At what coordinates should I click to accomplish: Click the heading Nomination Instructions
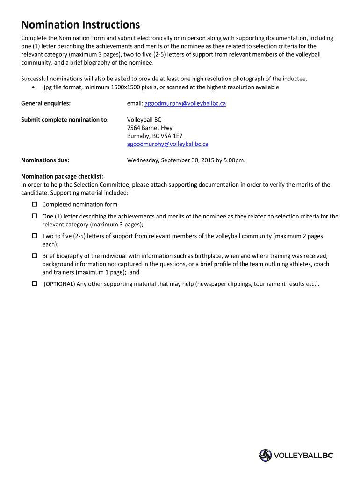point(80,24)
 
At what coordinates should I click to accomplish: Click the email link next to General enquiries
point(185,103)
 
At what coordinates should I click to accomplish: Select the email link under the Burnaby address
point(167,144)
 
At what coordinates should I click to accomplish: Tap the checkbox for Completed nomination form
point(35,204)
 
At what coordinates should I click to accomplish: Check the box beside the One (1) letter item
point(35,216)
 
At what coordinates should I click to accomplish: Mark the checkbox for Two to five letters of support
point(35,236)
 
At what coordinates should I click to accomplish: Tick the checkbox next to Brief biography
point(35,256)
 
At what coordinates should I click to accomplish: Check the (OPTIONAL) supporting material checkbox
point(35,284)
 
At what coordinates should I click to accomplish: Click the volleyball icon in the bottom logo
point(266,455)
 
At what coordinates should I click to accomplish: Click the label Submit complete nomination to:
point(65,120)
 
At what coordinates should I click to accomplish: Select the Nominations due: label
point(45,160)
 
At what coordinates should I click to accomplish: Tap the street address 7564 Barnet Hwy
point(150,128)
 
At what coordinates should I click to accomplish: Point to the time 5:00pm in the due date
point(233,160)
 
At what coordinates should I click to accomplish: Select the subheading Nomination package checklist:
point(62,177)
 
